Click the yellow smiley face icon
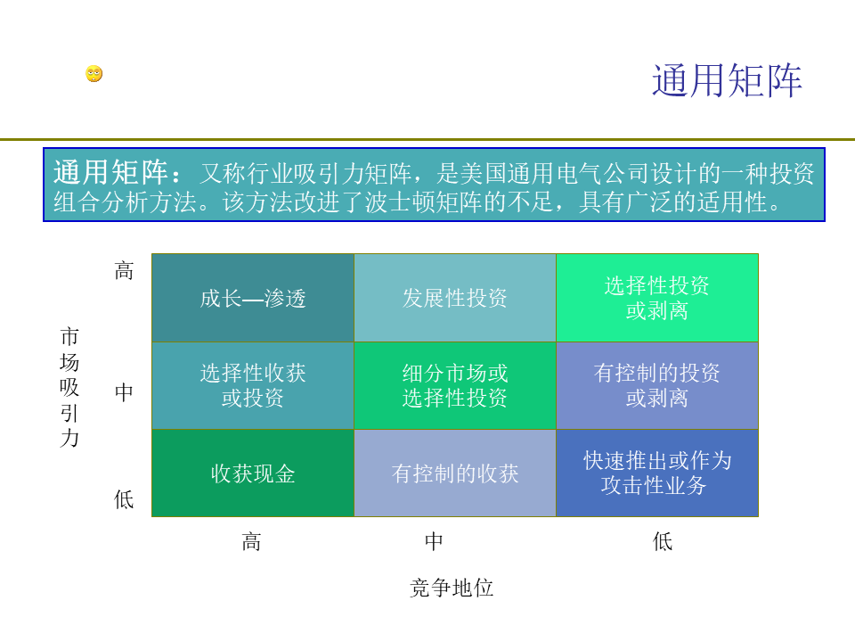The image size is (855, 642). [x=94, y=74]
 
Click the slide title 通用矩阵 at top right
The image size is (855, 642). [x=727, y=81]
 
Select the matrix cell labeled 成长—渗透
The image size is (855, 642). [x=253, y=298]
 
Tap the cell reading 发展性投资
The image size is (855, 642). [x=455, y=298]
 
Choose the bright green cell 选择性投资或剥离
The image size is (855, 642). [x=657, y=298]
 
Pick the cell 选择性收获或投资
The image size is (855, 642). [x=253, y=385]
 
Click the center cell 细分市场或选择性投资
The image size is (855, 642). [x=455, y=385]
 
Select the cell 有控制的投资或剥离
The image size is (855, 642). [x=657, y=385]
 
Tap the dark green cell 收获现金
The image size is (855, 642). [x=253, y=473]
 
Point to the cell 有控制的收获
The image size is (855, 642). [x=455, y=473]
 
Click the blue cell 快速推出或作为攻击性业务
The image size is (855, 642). [x=657, y=473]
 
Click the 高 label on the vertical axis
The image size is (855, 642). [x=124, y=270]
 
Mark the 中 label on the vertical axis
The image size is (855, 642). [x=124, y=392]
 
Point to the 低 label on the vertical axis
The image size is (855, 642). [x=124, y=499]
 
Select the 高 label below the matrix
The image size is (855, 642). [x=251, y=541]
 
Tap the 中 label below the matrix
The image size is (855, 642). [x=434, y=541]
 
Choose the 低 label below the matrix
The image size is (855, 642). [x=663, y=541]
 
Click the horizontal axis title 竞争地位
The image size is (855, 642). [x=452, y=588]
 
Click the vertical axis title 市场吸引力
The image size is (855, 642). [x=69, y=387]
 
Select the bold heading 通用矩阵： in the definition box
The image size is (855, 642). [x=118, y=172]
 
